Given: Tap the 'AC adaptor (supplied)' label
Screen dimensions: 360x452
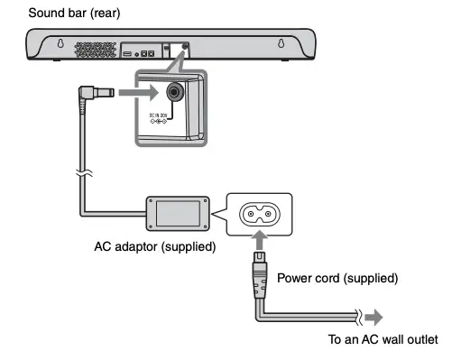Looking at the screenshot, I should [x=154, y=245].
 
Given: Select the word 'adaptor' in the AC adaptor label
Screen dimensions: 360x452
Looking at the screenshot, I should [x=132, y=245].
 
